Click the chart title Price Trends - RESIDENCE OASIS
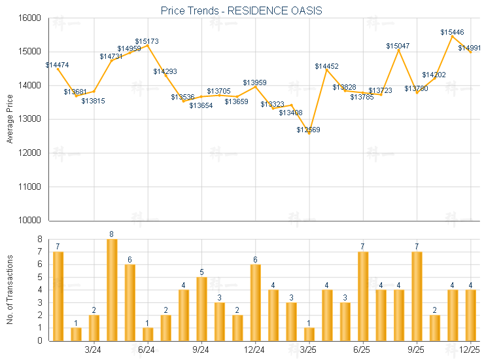pos(241,11)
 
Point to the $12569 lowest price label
pos(308,130)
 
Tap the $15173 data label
pos(147,41)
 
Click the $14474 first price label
pos(57,65)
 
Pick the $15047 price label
pos(398,46)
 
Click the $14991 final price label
pos(470,48)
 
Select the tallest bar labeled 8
pos(112,289)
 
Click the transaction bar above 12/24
pos(255,302)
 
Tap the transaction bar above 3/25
pos(309,334)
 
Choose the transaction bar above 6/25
pos(362,296)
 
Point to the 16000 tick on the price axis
pos(31,18)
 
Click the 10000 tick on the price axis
pos(31,221)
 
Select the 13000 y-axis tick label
pos(31,119)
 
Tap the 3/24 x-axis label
pos(94,350)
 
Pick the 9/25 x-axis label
pos(415,350)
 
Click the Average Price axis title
pos(9,119)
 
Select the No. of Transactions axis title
pos(9,289)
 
